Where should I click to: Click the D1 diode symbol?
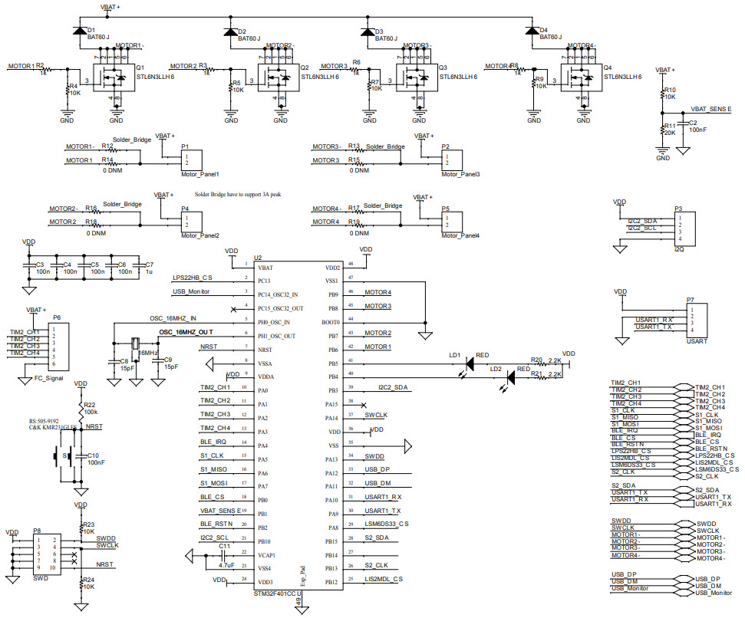click(x=78, y=31)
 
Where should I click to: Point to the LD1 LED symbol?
click(x=470, y=363)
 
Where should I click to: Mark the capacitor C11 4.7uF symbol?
click(x=222, y=554)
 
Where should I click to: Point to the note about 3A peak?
click(x=238, y=195)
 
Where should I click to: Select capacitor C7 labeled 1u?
click(x=140, y=268)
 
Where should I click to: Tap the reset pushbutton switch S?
click(x=67, y=457)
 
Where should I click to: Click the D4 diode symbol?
click(x=531, y=31)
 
